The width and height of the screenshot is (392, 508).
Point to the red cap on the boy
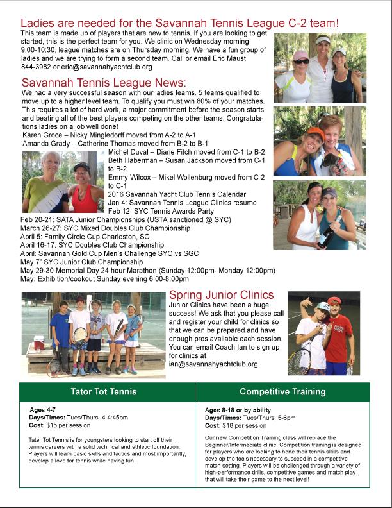point(335,301)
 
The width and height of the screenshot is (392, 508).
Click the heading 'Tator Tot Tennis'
point(107,391)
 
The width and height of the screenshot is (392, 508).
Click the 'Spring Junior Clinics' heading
point(221,295)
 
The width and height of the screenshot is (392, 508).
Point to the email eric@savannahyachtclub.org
point(97,67)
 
